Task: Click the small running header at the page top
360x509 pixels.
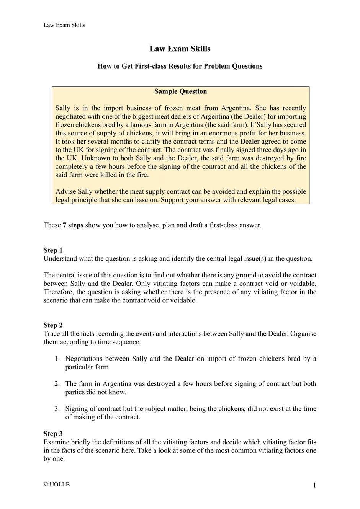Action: (x=64, y=25)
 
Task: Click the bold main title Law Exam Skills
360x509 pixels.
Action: (x=180, y=49)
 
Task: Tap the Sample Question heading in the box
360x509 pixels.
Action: (x=180, y=91)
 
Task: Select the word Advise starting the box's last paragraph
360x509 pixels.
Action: (x=65, y=191)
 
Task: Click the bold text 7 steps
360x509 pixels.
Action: (x=73, y=225)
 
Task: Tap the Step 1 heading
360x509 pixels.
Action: (x=53, y=250)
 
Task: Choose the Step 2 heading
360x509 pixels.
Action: (x=53, y=325)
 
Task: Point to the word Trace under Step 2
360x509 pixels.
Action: (x=52, y=334)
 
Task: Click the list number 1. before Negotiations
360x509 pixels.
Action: (x=57, y=359)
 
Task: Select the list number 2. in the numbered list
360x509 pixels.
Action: (x=57, y=384)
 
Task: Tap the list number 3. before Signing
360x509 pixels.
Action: (x=57, y=409)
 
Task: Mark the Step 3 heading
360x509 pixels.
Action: (x=53, y=434)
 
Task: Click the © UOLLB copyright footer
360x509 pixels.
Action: (x=57, y=485)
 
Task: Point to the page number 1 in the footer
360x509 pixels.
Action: (x=314, y=485)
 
